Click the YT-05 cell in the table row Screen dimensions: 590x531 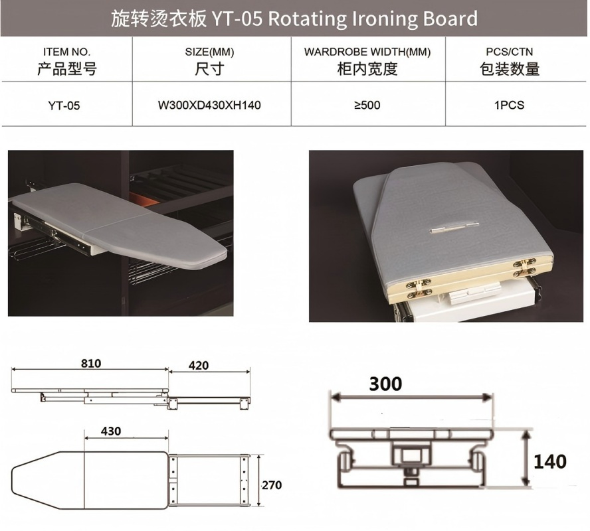[64, 106]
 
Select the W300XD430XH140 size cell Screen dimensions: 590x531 [209, 106]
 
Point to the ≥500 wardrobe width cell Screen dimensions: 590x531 [367, 106]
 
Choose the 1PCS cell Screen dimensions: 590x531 [509, 106]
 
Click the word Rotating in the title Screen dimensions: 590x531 [307, 19]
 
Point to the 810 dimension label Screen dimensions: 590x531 [91, 363]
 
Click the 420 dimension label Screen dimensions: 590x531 [198, 365]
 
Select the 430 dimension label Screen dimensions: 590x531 [111, 431]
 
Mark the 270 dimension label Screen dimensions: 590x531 [272, 485]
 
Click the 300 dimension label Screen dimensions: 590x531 [385, 384]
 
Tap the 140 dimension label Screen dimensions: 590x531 [550, 461]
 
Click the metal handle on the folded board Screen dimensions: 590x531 [454, 227]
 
